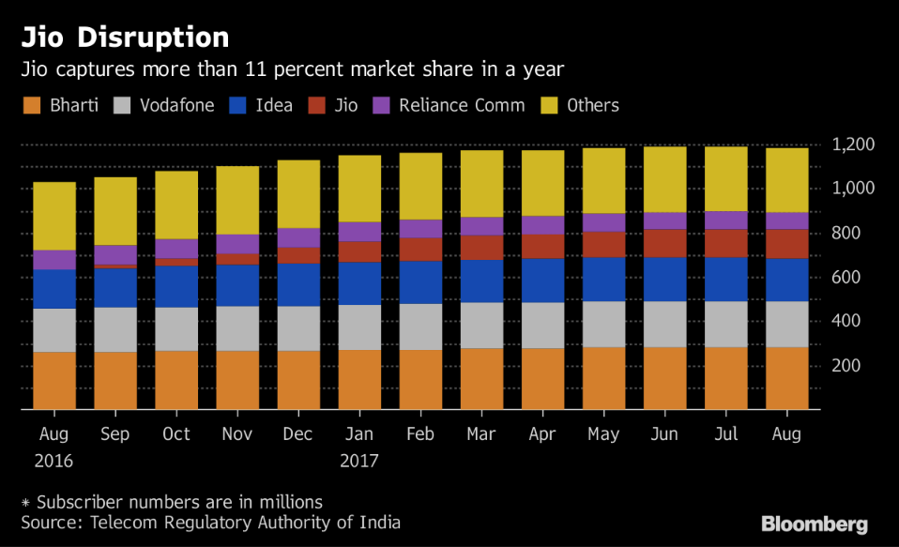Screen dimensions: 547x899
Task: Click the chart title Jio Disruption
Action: click(x=126, y=38)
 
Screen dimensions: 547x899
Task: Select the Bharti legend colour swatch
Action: click(x=33, y=105)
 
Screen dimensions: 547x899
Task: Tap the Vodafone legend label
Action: click(x=175, y=105)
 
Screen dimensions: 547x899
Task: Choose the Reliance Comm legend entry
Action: click(x=461, y=105)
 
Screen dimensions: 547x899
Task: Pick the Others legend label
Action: click(x=593, y=105)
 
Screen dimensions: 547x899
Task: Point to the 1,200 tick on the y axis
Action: click(x=854, y=145)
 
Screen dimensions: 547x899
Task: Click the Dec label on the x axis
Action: click(x=297, y=434)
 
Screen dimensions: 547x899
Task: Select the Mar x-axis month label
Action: click(x=481, y=434)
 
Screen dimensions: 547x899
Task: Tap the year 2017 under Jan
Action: click(x=359, y=462)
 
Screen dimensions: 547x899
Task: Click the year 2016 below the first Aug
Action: click(x=53, y=462)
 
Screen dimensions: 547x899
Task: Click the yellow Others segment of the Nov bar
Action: click(x=236, y=200)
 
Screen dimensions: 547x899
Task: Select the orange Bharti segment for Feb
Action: click(x=420, y=379)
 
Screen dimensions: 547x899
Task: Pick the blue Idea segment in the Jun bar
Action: click(x=665, y=279)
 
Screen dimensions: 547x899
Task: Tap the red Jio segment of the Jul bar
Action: click(x=726, y=243)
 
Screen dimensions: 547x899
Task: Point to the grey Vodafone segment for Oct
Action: click(x=175, y=328)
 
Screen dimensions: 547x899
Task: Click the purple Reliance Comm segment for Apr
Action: click(x=542, y=224)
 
